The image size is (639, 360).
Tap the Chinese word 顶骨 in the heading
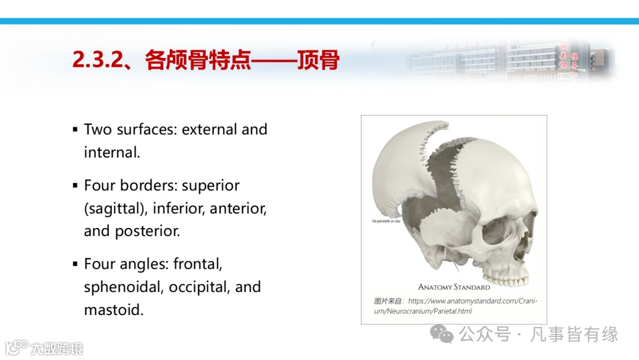coord(318,60)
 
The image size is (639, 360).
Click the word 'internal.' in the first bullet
coord(112,152)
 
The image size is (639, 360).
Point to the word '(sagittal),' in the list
coord(115,208)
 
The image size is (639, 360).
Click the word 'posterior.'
coord(132,231)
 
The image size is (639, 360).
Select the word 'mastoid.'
coord(114,310)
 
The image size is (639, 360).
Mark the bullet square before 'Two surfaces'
coord(75,129)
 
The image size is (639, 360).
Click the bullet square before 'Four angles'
coord(75,264)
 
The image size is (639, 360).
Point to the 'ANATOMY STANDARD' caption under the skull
coord(454,287)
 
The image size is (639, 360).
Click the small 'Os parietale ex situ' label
coord(386,221)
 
